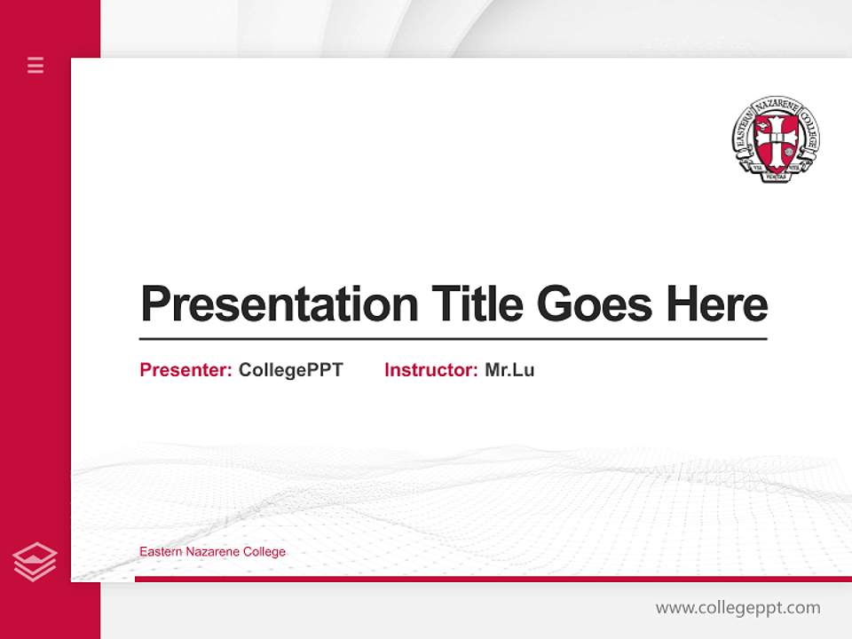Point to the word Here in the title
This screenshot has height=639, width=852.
click(716, 304)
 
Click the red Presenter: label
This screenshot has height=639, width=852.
click(185, 370)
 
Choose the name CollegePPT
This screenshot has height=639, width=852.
click(290, 370)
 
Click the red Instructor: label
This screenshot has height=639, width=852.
click(430, 370)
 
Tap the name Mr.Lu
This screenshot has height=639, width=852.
click(509, 370)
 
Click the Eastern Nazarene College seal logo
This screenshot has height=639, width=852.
click(776, 139)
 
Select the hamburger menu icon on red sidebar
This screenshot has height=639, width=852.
click(35, 65)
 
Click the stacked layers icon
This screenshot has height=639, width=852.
click(35, 562)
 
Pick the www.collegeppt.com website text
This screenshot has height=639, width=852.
click(738, 608)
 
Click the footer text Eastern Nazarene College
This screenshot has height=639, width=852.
click(212, 552)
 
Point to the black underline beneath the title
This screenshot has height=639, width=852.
click(453, 339)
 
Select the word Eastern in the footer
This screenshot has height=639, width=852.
click(159, 552)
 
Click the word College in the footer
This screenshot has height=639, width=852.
click(264, 552)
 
